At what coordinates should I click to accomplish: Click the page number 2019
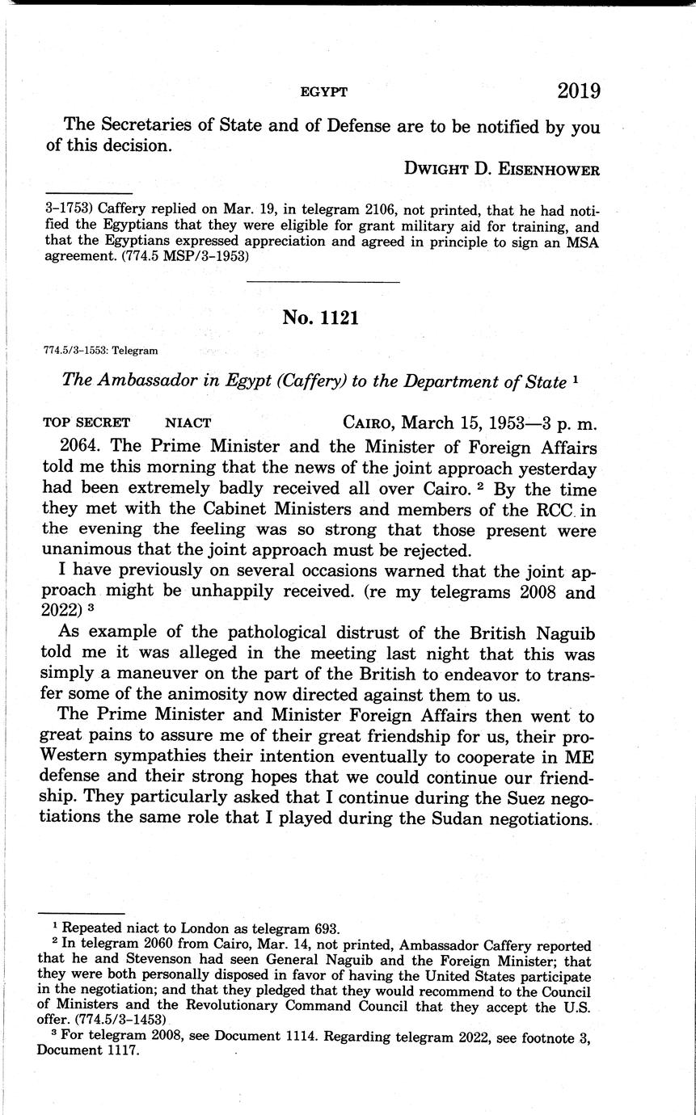point(579,90)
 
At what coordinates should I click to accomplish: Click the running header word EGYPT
point(323,92)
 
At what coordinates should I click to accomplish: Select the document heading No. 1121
point(320,318)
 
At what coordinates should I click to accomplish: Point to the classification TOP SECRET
point(85,422)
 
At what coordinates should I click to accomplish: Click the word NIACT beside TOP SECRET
point(188,422)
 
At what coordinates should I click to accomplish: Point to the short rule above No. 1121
point(323,282)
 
